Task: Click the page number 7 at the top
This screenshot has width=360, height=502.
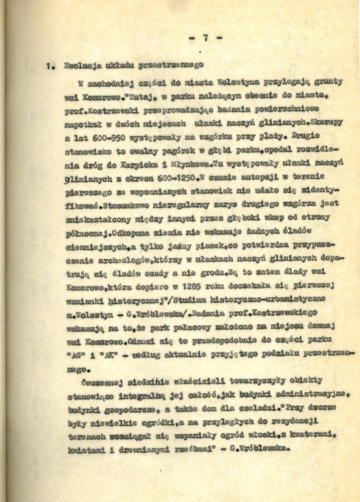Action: [205, 38]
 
